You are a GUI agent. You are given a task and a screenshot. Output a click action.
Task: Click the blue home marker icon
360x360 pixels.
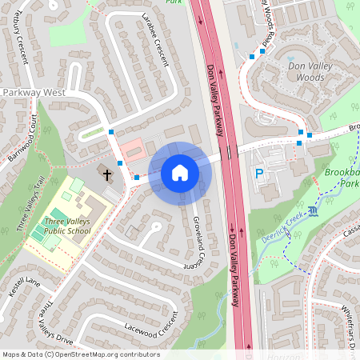click(x=179, y=172)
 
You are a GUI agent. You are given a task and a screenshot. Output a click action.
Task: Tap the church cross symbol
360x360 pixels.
click(x=107, y=173)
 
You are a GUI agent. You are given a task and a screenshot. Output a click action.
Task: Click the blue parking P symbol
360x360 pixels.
click(x=258, y=174)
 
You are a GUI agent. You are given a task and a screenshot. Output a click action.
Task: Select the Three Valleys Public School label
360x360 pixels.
click(x=68, y=226)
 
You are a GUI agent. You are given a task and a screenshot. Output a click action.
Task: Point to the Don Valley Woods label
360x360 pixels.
click(x=299, y=71)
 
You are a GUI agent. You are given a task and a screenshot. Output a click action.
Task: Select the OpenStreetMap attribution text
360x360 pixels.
click(x=80, y=354)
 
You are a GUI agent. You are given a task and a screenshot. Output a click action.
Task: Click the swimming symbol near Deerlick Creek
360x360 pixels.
click(x=312, y=210)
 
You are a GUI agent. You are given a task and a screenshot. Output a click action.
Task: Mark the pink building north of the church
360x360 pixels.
click(x=133, y=146)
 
